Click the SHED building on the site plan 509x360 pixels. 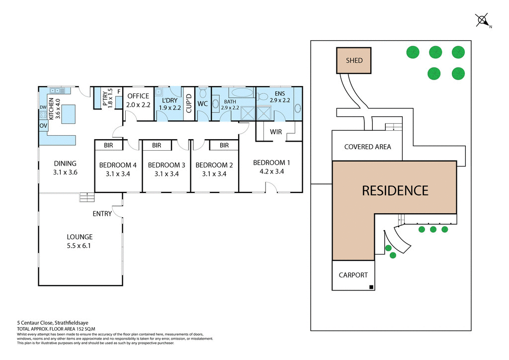pyautogui.click(x=354, y=61)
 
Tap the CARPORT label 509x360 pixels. pyautogui.click(x=353, y=275)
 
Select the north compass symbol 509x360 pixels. pyautogui.click(x=481, y=21)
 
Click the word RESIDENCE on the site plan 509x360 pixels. pyautogui.click(x=395, y=190)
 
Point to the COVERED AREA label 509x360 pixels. pyautogui.click(x=367, y=147)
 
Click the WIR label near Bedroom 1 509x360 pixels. pyautogui.click(x=276, y=132)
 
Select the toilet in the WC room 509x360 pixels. pyautogui.click(x=203, y=93)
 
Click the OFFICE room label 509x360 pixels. pyautogui.click(x=138, y=96)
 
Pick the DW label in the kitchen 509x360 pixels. pyautogui.click(x=43, y=107)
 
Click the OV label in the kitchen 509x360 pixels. pyautogui.click(x=43, y=126)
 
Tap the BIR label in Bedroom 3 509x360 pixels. pyautogui.click(x=157, y=145)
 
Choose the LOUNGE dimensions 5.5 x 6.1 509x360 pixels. pyautogui.click(x=80, y=246)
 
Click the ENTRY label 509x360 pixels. pyautogui.click(x=102, y=214)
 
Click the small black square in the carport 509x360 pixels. pyautogui.click(x=370, y=286)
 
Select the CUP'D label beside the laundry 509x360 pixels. pyautogui.click(x=189, y=103)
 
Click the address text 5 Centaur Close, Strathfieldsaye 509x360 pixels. pyautogui.click(x=48, y=322)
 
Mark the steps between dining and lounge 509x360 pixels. pyautogui.click(x=86, y=197)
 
